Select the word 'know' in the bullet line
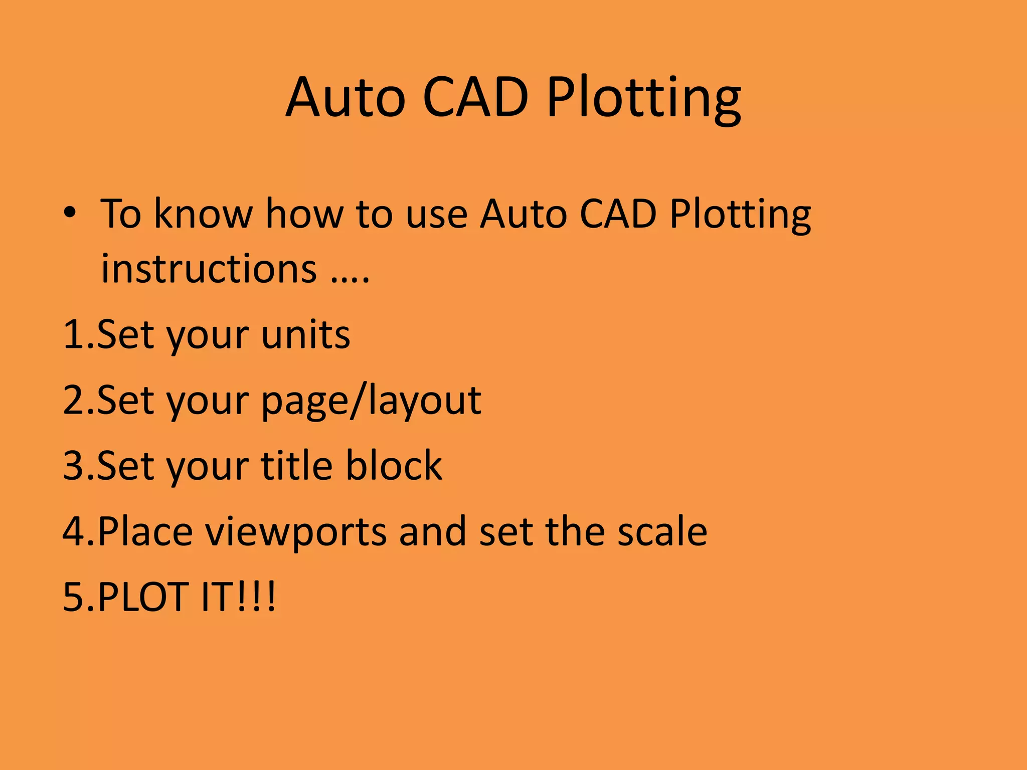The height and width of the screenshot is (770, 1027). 203,215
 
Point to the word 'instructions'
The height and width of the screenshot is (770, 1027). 209,269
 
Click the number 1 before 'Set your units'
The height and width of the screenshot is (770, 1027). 73,334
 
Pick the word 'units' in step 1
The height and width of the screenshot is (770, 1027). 305,334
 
